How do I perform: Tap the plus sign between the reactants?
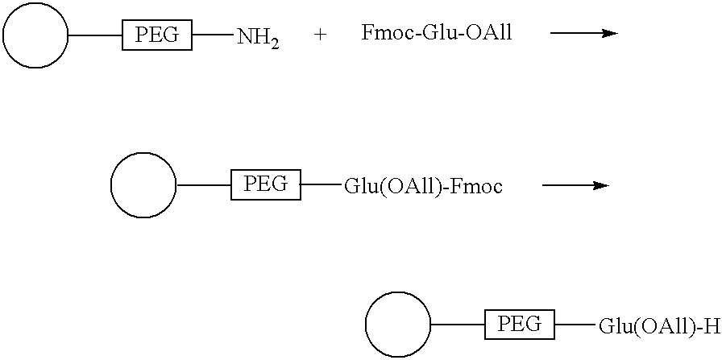321,35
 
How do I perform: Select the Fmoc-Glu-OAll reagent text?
437,33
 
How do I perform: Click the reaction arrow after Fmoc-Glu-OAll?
584,33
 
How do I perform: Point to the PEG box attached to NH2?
157,35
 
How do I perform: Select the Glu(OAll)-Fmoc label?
423,188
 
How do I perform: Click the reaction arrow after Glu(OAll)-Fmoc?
576,185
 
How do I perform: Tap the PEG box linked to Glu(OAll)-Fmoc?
266,184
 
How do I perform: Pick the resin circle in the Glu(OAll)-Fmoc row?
143,184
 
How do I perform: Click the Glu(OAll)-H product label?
659,327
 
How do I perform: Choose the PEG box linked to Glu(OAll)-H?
520,325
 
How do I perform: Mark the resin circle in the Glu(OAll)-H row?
398,325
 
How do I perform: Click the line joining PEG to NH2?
214,35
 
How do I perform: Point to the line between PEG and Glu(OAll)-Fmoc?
322,184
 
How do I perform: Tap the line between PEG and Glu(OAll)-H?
576,325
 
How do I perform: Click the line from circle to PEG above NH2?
95,35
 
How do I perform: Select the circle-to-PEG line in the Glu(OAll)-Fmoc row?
204,185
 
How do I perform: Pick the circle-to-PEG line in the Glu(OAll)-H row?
459,325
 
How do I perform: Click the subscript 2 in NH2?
274,43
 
